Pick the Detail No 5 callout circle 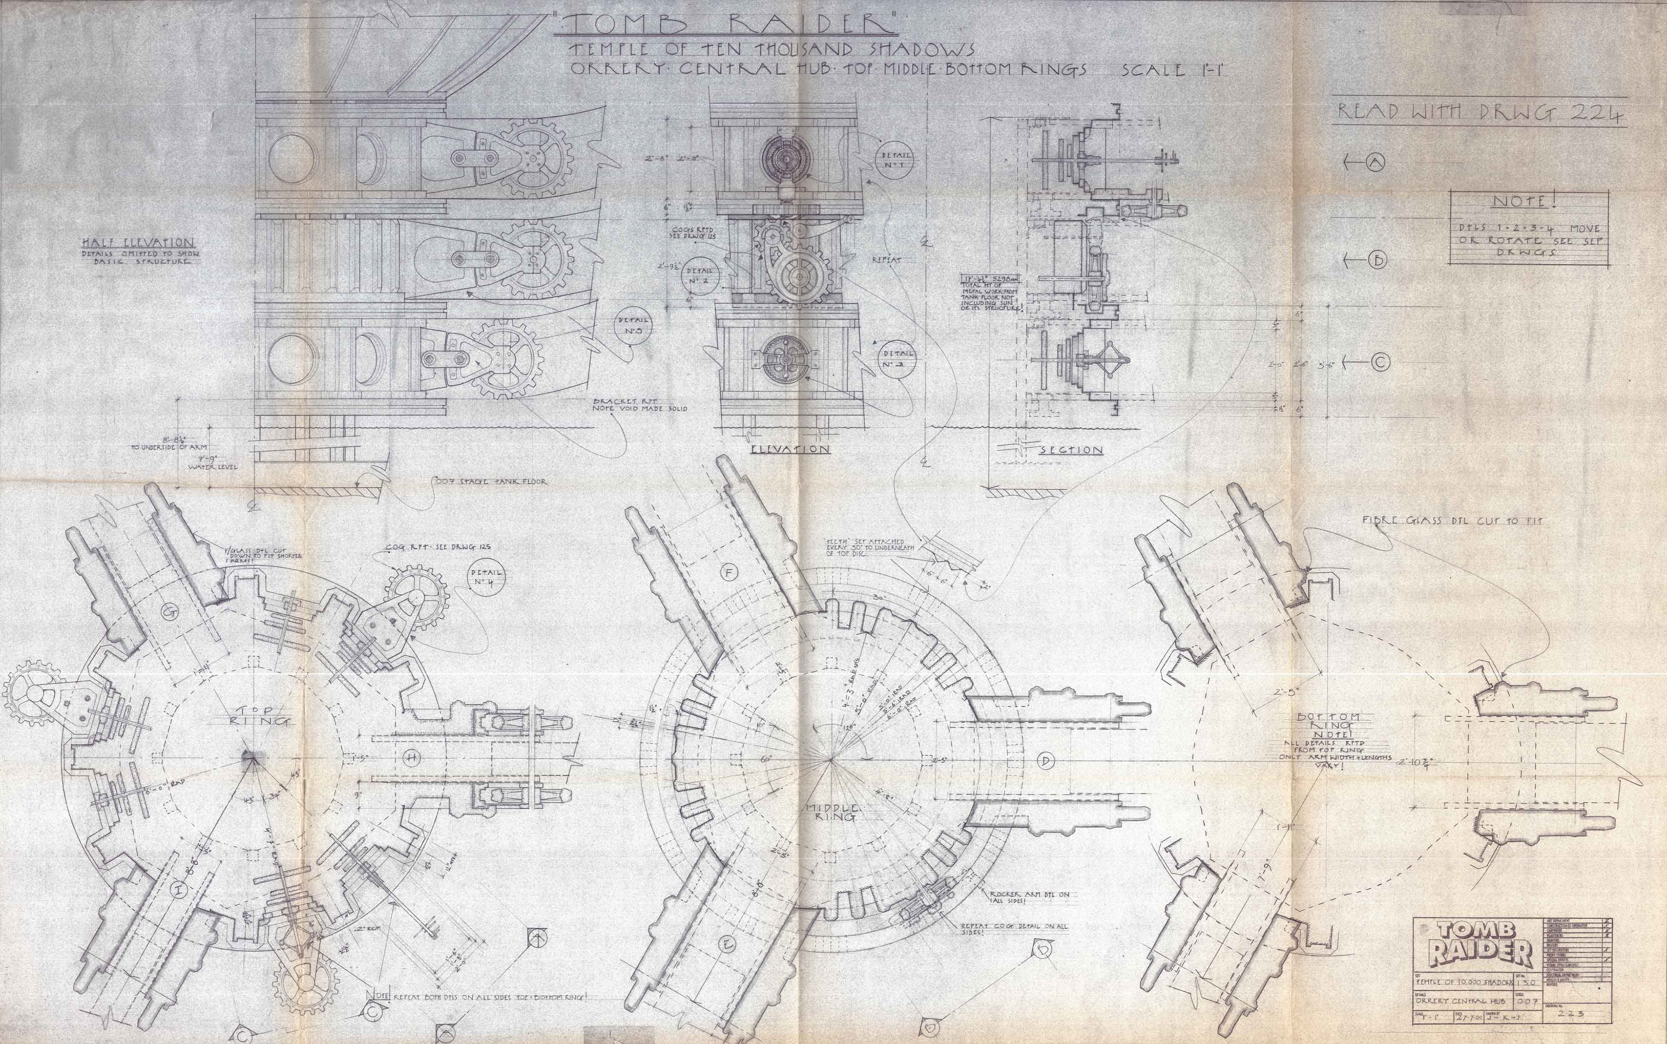click(x=633, y=326)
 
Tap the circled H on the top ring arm click(x=412, y=759)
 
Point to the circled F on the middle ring click(x=728, y=572)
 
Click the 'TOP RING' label click(x=258, y=715)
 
